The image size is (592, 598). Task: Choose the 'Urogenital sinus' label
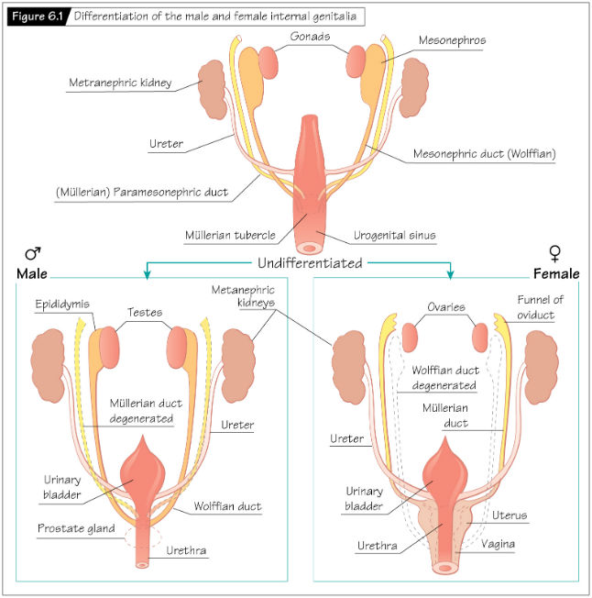395,236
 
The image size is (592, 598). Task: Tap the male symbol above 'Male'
31,254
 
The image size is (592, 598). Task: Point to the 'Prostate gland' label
76,530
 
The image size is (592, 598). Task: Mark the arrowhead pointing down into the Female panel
450,274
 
